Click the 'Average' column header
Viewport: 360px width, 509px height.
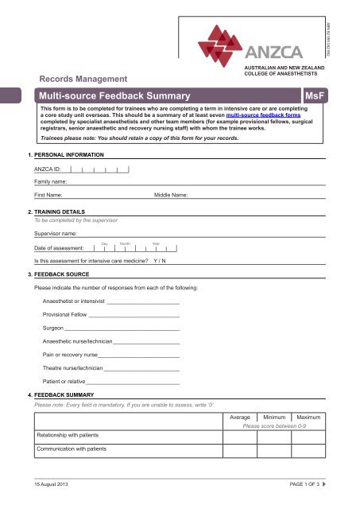[x=240, y=418]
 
